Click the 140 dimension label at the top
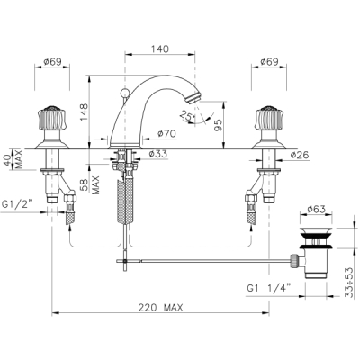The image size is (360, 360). [x=160, y=49]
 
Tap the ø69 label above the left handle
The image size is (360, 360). [x=52, y=62]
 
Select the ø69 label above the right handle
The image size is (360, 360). [x=269, y=62]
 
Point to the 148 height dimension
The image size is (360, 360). [x=84, y=112]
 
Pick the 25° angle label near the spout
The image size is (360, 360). [x=187, y=116]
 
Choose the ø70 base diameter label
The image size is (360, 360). [x=166, y=133]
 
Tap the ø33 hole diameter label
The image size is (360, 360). [x=158, y=154]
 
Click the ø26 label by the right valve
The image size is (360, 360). [x=299, y=155]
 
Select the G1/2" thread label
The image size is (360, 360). [x=17, y=204]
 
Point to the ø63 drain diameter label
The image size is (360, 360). [x=317, y=209]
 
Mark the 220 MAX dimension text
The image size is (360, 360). [x=160, y=307]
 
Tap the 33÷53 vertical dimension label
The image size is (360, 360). [x=348, y=282]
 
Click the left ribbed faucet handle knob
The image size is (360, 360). [x=52, y=118]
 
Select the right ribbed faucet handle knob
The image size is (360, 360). [x=269, y=118]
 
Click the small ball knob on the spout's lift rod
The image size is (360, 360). [x=123, y=93]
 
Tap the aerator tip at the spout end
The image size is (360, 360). [x=192, y=99]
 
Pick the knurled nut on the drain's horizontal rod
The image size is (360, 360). [x=295, y=260]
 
